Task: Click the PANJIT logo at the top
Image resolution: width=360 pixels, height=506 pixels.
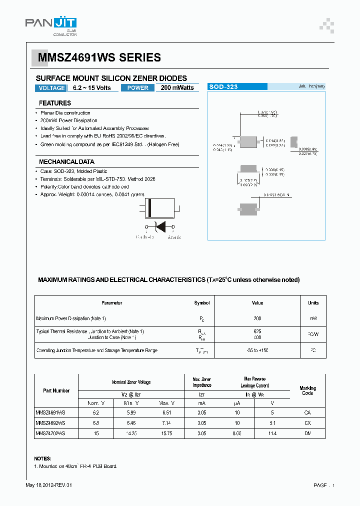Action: click(x=50, y=24)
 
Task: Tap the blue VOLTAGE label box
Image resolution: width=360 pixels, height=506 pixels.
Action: click(x=50, y=88)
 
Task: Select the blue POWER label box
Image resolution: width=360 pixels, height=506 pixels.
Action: click(x=137, y=88)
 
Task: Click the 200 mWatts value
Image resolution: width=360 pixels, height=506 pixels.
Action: click(x=177, y=88)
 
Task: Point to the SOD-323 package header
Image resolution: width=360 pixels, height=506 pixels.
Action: click(x=223, y=86)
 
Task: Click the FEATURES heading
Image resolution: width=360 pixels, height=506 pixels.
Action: click(x=55, y=103)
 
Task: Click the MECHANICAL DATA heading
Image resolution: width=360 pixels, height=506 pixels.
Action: click(x=66, y=162)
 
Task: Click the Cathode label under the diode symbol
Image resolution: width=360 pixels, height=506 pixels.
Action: click(x=145, y=237)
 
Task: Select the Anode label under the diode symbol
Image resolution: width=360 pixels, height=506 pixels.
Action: click(x=173, y=237)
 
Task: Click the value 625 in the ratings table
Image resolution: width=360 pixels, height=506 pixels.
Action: click(x=257, y=331)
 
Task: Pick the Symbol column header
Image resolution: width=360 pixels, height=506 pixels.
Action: click(x=202, y=303)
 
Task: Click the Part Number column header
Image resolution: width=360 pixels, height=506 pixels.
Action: click(x=56, y=390)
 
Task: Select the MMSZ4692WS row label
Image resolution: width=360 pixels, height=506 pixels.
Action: click(x=50, y=423)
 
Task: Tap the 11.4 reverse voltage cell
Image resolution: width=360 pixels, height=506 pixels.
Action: click(x=272, y=434)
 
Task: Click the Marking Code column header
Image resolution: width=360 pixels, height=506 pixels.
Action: click(x=307, y=390)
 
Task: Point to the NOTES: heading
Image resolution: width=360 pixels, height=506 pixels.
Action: click(x=42, y=458)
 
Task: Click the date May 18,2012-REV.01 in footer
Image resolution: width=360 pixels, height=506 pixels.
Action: click(x=51, y=485)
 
